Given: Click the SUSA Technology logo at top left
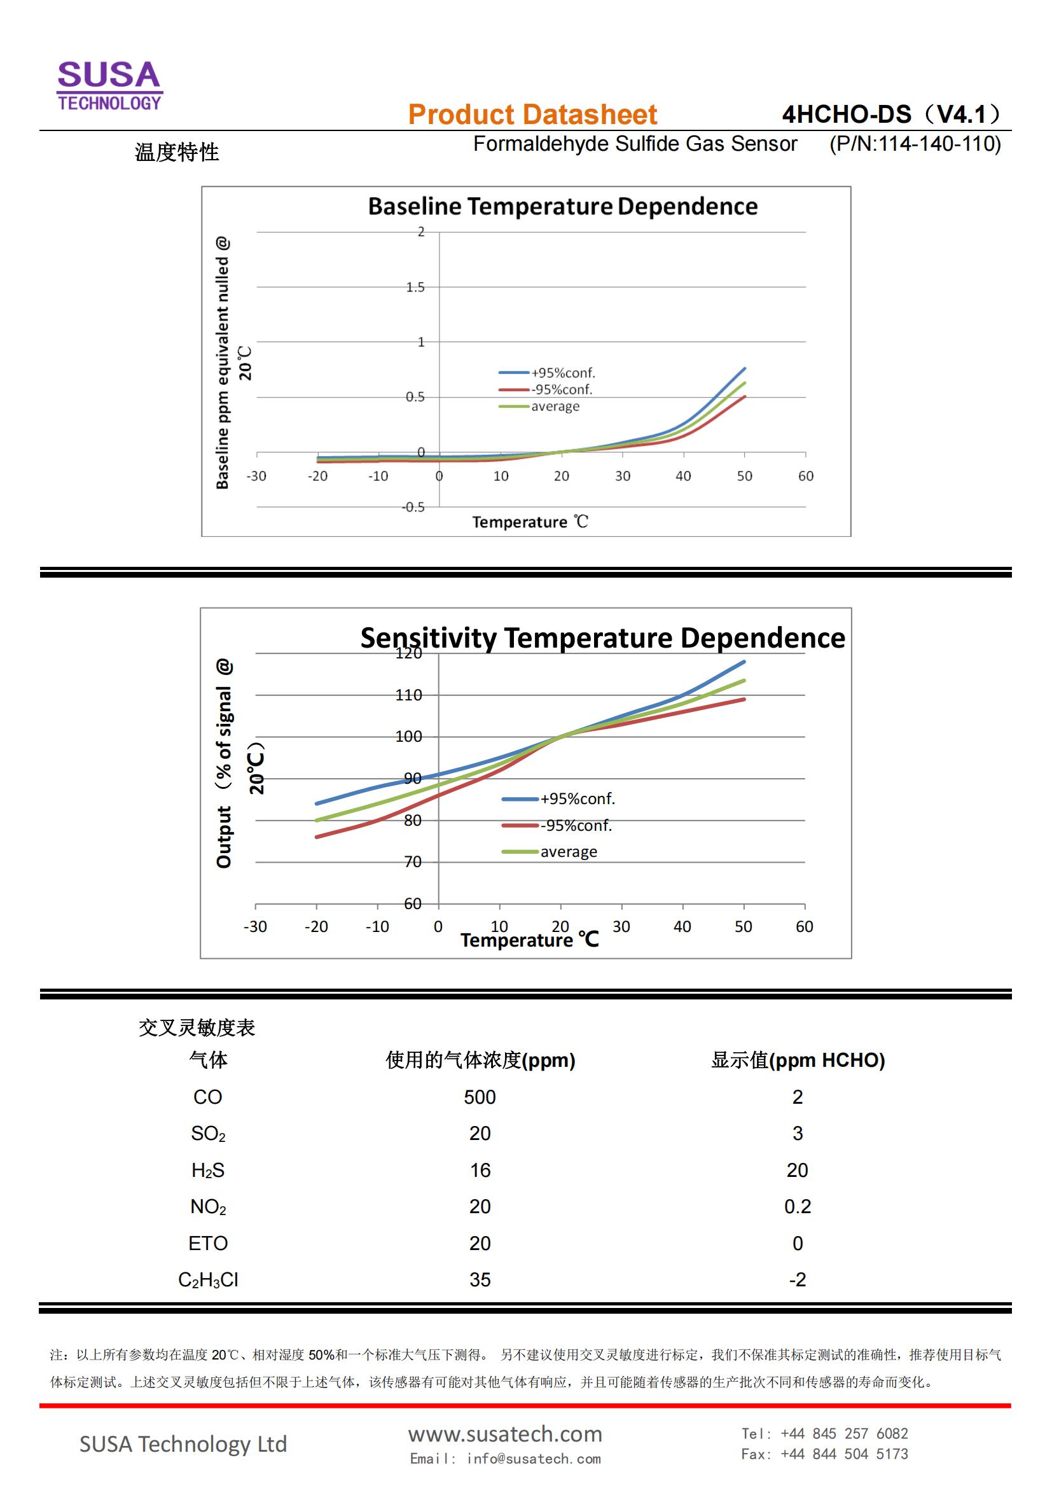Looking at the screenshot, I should (109, 85).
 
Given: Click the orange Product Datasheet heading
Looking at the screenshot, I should (532, 115).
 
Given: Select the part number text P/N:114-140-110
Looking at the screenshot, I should (915, 144).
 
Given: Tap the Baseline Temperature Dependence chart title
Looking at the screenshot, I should (562, 206).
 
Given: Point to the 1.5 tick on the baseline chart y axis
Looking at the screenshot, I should (415, 287).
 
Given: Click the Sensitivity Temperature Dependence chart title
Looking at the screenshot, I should (602, 637).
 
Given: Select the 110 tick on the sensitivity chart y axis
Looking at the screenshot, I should (408, 695).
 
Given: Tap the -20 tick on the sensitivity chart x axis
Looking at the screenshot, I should (316, 927).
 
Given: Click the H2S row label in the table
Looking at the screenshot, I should (208, 1170).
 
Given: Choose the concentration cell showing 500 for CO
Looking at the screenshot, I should (480, 1097).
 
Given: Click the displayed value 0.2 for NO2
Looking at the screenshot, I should (797, 1206).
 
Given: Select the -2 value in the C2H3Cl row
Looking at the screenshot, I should (797, 1279).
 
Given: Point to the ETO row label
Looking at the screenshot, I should (208, 1243).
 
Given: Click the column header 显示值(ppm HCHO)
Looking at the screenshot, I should (798, 1060).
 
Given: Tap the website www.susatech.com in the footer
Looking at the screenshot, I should (504, 1433).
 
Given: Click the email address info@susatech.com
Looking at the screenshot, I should (533, 1459).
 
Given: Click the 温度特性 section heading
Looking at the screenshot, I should (177, 153).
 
